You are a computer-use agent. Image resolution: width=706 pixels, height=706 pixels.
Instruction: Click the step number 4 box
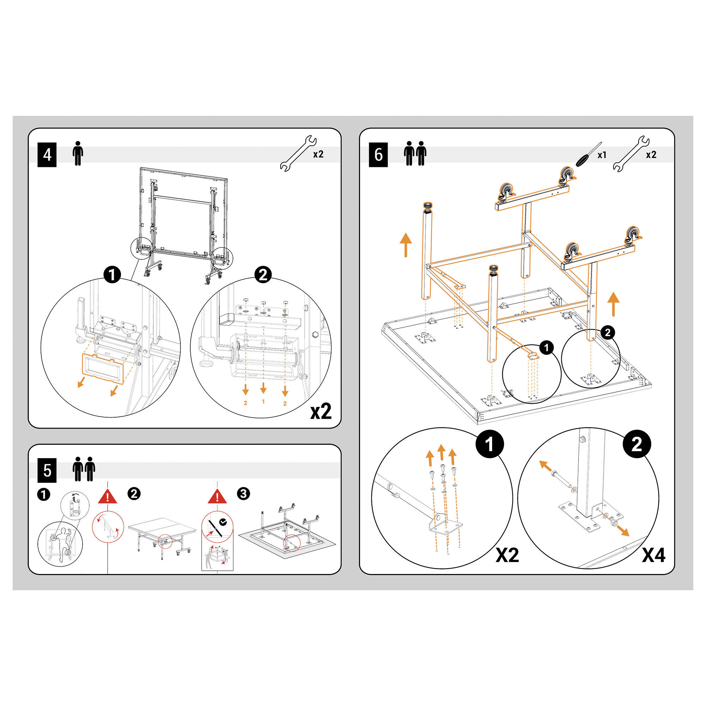47,155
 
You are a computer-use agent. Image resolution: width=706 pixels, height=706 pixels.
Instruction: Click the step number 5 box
47,471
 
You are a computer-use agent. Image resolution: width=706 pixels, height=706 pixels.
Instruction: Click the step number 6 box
378,155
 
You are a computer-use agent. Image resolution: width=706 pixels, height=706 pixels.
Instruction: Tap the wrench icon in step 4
298,154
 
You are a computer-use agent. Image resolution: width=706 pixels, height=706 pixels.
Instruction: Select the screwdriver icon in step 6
588,155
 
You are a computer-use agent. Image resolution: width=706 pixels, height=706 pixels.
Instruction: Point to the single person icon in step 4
77,154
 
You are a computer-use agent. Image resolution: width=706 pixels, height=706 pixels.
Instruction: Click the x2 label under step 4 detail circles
321,412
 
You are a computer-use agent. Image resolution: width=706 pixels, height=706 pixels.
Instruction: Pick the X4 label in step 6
654,555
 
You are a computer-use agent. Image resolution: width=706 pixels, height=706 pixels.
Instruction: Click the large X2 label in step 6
507,555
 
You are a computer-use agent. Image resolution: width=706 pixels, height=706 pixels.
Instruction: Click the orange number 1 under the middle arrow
263,402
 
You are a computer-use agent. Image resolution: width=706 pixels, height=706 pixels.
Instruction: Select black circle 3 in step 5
243,494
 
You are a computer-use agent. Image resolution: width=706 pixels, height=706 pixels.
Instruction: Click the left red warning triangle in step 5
107,497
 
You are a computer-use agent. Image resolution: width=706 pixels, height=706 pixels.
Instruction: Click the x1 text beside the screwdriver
602,155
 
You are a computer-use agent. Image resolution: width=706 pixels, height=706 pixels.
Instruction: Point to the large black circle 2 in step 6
636,444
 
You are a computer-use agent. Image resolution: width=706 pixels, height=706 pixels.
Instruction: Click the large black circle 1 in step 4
112,274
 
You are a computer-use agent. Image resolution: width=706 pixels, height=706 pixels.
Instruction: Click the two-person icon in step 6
415,154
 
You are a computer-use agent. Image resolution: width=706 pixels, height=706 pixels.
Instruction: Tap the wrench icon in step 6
631,154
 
